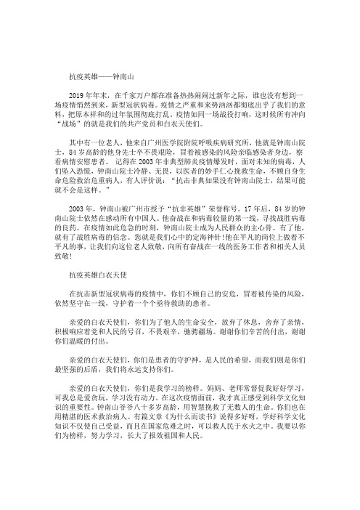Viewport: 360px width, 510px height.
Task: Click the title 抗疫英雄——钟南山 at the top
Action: pos(101,75)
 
